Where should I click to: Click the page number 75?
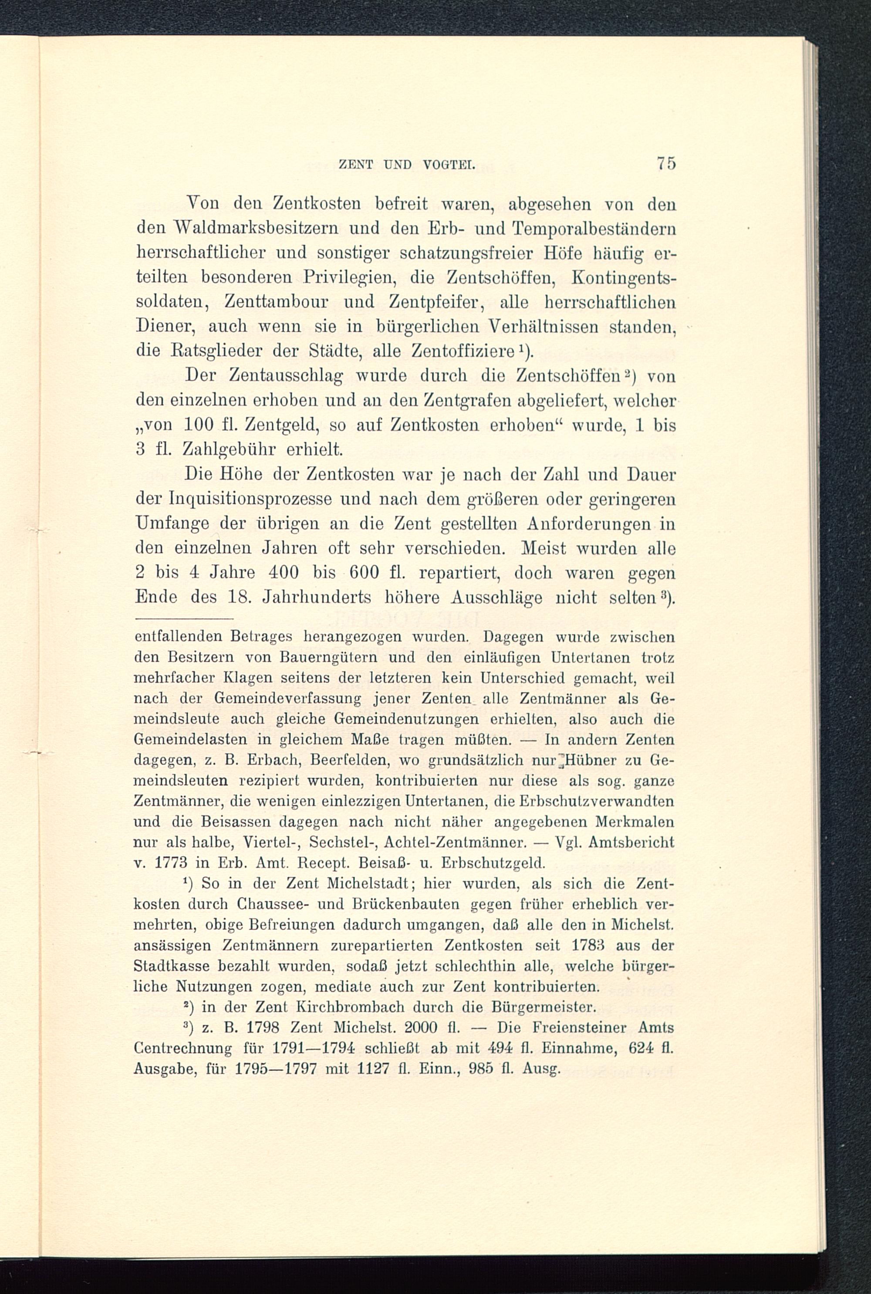tap(665, 165)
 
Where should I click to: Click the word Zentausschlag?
tap(287, 377)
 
